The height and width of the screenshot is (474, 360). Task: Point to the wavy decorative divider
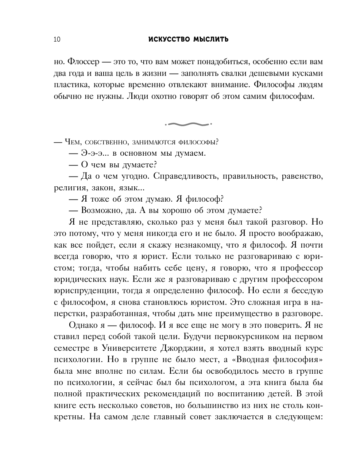point(188,124)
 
